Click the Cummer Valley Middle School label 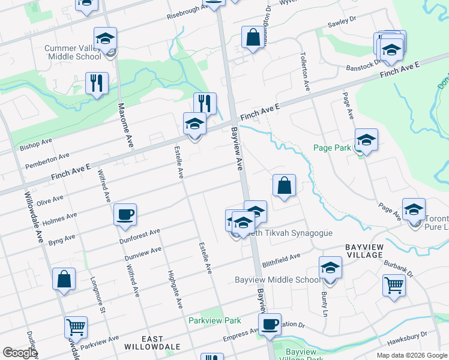pyautogui.click(x=73, y=52)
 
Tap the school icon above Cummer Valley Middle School pyautogui.click(x=105, y=39)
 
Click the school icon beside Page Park pyautogui.click(x=366, y=140)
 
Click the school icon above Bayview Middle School pyautogui.click(x=330, y=268)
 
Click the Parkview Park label pyautogui.click(x=214, y=321)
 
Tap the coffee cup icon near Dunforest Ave pyautogui.click(x=125, y=215)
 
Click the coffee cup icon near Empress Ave pyautogui.click(x=270, y=325)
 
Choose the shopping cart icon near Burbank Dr pyautogui.click(x=394, y=286)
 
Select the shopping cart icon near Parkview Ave pyautogui.click(x=76, y=328)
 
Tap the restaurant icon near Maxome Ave pyautogui.click(x=97, y=83)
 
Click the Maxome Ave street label pyautogui.click(x=125, y=125)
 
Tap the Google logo pyautogui.click(x=19, y=353)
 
